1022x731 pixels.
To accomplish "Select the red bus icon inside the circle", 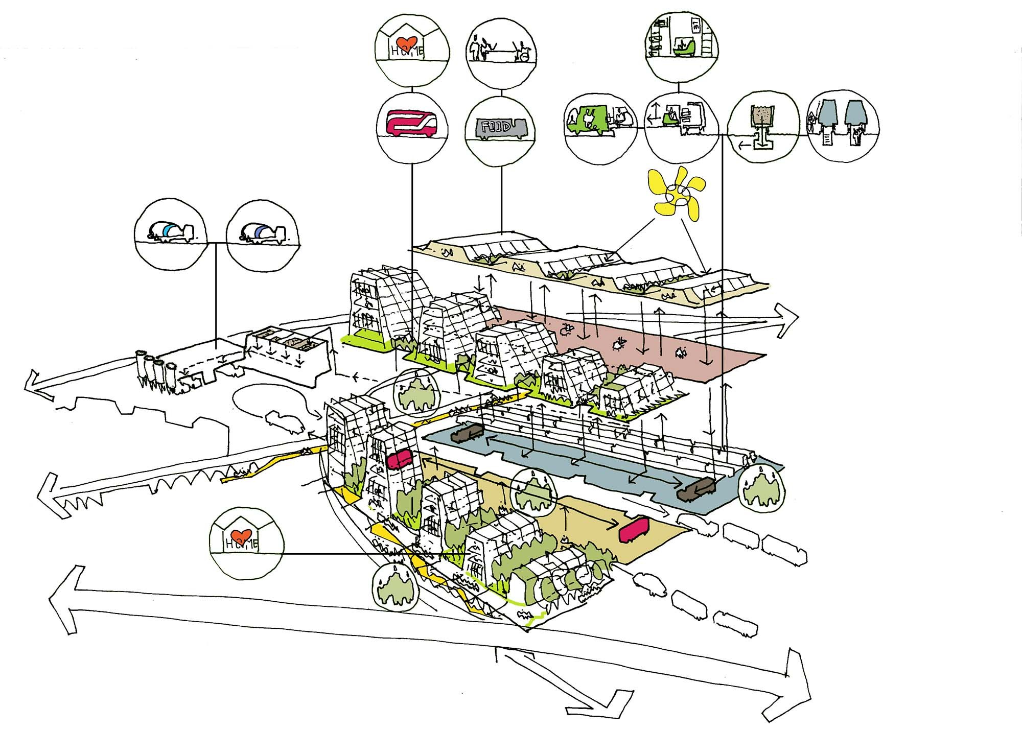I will (x=412, y=123).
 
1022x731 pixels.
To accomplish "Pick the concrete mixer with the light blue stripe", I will (x=170, y=231).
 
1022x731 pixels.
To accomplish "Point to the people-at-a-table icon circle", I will (x=501, y=49).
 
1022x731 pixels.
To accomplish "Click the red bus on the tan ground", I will (x=633, y=531).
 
